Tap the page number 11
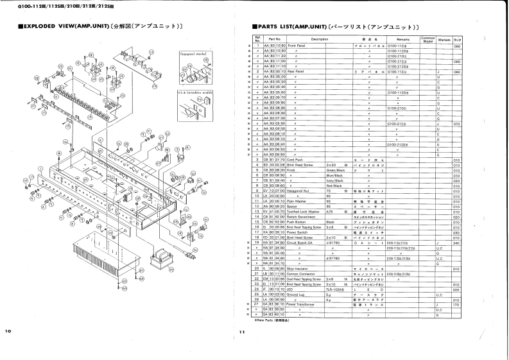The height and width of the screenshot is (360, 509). click(241, 332)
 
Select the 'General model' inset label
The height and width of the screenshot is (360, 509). click(191, 53)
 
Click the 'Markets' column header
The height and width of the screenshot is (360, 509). click(444, 39)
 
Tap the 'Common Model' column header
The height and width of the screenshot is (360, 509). click(427, 39)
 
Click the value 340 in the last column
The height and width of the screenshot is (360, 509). click(457, 243)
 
